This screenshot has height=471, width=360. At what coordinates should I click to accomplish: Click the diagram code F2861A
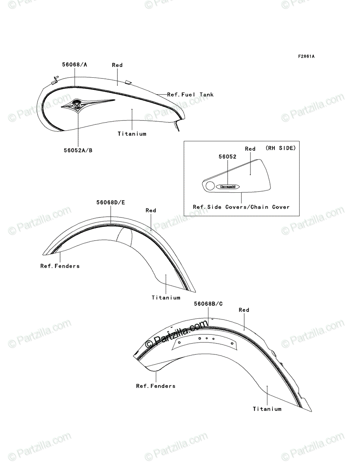click(306, 57)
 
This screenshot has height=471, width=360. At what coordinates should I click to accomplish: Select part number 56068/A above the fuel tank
click(75, 65)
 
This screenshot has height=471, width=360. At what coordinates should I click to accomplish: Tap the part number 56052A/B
click(78, 150)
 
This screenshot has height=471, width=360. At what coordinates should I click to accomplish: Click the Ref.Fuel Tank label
click(190, 95)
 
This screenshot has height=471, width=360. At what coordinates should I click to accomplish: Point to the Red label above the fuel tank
click(117, 65)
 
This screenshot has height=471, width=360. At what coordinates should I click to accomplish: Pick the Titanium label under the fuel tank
click(132, 134)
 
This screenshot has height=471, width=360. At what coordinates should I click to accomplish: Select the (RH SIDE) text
click(281, 148)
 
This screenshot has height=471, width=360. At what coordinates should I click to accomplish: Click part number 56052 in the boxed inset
click(227, 157)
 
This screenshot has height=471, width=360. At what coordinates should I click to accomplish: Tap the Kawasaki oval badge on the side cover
click(228, 187)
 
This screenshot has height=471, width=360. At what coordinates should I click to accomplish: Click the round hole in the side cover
click(210, 186)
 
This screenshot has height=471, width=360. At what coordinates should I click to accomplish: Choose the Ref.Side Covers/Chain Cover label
click(241, 207)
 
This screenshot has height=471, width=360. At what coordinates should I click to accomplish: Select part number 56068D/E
click(110, 203)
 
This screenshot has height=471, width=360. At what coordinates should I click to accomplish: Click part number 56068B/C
click(208, 304)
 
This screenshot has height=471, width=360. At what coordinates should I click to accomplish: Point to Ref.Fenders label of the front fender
click(60, 266)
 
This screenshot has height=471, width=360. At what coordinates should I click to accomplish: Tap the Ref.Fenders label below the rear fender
click(156, 386)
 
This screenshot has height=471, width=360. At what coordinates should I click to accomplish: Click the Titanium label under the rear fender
click(267, 409)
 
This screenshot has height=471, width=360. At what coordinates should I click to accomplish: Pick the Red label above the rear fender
click(244, 310)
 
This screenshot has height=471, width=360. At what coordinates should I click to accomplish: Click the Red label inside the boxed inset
click(250, 149)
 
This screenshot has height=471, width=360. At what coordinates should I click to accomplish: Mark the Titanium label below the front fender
click(166, 298)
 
